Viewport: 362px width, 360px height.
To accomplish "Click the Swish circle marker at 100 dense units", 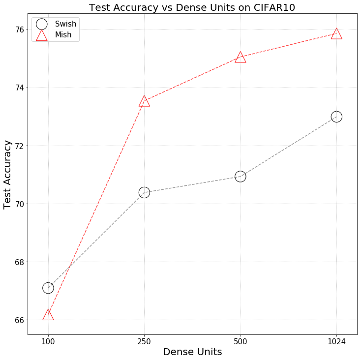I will point(48,288).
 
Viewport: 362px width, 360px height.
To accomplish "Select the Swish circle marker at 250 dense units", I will point(144,192).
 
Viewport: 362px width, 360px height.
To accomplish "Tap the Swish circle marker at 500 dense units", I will point(240,177).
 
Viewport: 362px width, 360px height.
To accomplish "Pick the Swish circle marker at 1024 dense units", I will point(336,117).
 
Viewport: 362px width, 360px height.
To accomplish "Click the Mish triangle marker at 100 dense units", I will point(48,315).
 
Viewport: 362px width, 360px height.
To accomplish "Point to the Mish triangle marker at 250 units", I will point(144,101).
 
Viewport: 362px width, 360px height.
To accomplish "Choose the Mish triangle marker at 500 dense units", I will point(240,58).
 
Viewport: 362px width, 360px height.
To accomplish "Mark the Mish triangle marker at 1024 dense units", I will point(336,34).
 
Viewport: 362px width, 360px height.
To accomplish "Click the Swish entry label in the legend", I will point(65,24).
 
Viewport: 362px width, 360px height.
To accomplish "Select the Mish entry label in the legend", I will point(63,35).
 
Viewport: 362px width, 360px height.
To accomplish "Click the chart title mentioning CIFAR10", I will point(192,7).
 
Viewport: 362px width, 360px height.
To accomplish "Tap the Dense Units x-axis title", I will point(192,352).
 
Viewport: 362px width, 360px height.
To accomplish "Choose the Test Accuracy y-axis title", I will point(8,175).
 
